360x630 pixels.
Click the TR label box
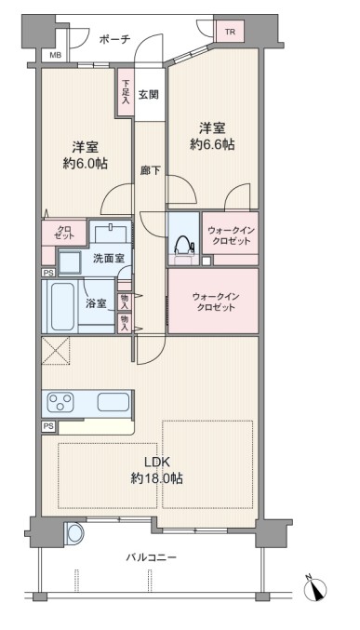click(x=230, y=33)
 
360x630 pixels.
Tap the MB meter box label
click(x=56, y=56)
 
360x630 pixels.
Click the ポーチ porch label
click(x=114, y=39)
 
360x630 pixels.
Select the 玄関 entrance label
click(x=149, y=94)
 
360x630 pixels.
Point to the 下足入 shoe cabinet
click(x=126, y=93)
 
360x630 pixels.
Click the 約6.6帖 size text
click(x=212, y=144)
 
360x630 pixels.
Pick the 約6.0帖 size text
click(x=85, y=164)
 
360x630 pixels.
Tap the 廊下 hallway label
click(x=150, y=170)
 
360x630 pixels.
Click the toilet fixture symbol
click(x=183, y=244)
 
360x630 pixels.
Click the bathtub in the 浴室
click(x=62, y=306)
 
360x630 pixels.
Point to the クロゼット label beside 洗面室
click(x=64, y=233)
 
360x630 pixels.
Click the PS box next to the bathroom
click(x=48, y=273)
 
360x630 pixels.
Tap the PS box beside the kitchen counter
click(x=48, y=427)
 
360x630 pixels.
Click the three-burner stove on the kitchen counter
click(x=60, y=402)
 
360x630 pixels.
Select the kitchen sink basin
click(x=113, y=402)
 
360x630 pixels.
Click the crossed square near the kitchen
click(x=56, y=350)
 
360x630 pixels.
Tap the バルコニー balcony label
click(x=151, y=557)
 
